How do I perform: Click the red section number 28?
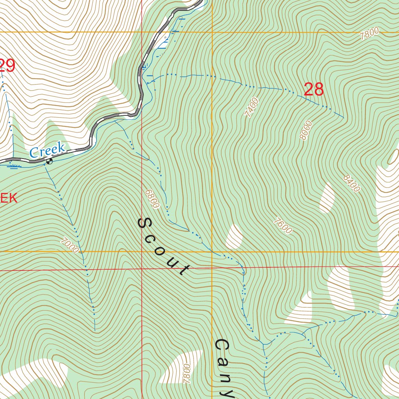pyautogui.click(x=314, y=90)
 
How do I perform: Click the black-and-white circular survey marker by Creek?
pyautogui.click(x=49, y=161)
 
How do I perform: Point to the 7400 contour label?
pyautogui.click(x=251, y=108)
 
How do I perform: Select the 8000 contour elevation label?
pyautogui.click(x=306, y=131)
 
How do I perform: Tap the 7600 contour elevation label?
pyautogui.click(x=282, y=226)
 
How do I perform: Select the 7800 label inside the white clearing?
pyautogui.click(x=186, y=373)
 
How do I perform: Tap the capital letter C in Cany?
pyautogui.click(x=222, y=346)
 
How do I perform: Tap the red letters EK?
pyautogui.click(x=9, y=198)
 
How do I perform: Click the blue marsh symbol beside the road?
pyautogui.click(x=14, y=167)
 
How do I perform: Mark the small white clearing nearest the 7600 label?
pyautogui.click(x=234, y=237)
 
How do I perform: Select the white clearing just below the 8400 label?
pyautogui.click(x=327, y=198)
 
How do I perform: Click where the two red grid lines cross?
pyautogui.click(x=142, y=269)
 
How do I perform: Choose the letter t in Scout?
pyautogui.click(x=184, y=270)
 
